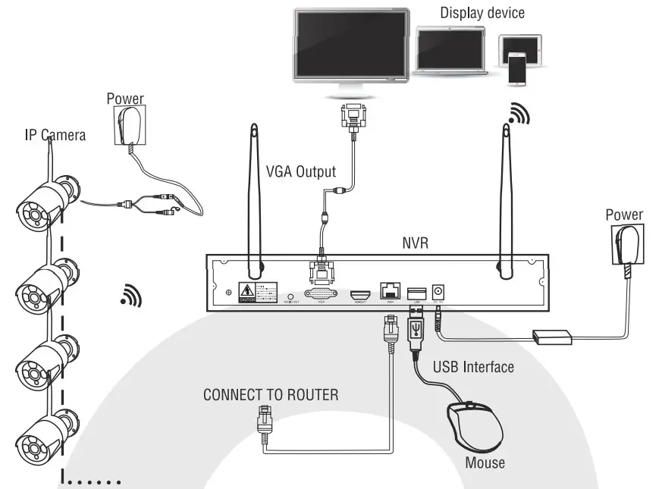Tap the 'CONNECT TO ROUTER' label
coord(270,395)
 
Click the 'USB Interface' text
coord(472,367)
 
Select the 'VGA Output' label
coord(300,171)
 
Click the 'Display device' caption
coord(482,12)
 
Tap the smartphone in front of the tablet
coord(516,67)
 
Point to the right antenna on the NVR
coord(504,197)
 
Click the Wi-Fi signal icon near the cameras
coord(130,296)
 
